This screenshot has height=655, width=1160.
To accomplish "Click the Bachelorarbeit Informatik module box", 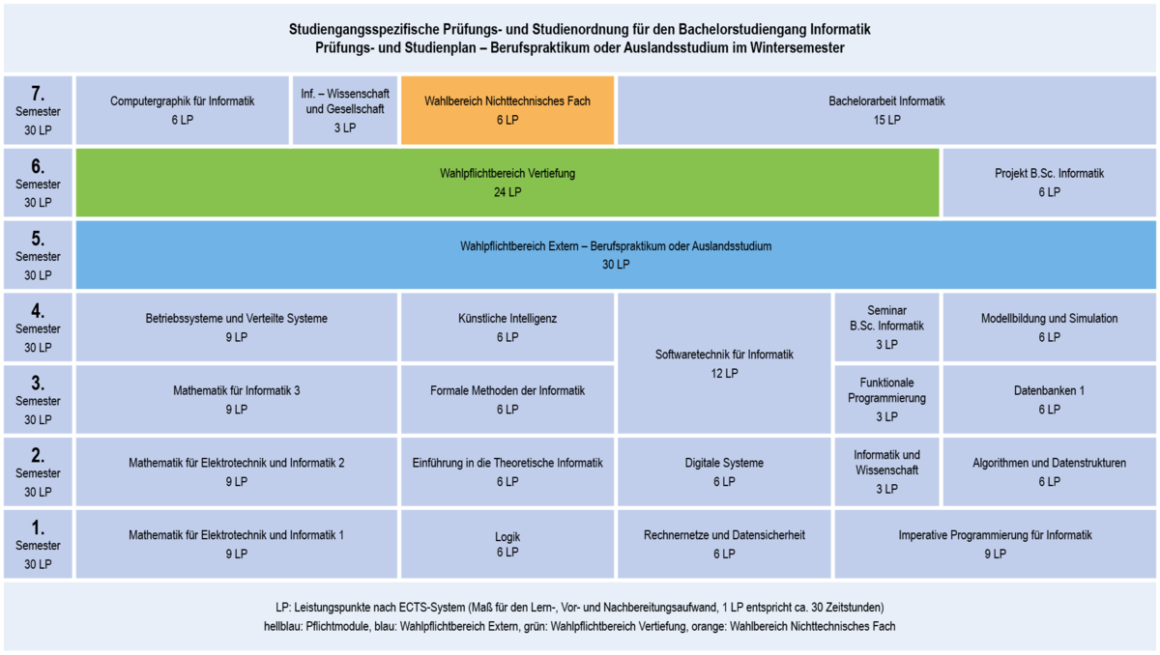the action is click(x=886, y=110).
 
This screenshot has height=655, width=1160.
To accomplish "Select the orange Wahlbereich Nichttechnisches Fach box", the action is click(x=507, y=110).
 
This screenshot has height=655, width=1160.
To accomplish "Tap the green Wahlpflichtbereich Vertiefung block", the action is click(x=507, y=183).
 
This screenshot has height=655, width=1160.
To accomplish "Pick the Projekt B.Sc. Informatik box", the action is click(x=1049, y=183).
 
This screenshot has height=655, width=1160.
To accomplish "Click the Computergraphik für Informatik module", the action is click(x=183, y=110).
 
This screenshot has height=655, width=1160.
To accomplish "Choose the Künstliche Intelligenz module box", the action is click(x=507, y=327).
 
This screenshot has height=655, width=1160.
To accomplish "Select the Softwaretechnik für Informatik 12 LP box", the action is click(x=724, y=363).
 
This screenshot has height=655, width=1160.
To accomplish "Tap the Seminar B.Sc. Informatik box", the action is click(x=886, y=327).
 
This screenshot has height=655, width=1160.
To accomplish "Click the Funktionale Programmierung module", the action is click(x=886, y=399).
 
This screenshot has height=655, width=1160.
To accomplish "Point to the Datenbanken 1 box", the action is click(x=1049, y=399).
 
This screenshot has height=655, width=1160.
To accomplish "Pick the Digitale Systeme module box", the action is click(x=724, y=471).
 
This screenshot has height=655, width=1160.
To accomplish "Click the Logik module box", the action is click(x=507, y=544).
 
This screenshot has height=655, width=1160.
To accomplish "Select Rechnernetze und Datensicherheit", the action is click(x=724, y=544).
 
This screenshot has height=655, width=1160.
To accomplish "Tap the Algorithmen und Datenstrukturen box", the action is click(x=1049, y=471).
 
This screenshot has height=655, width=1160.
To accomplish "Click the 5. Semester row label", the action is click(x=38, y=255).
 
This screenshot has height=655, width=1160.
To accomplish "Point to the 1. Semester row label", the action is click(x=38, y=544).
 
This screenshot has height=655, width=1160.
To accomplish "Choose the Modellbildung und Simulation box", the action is click(x=1049, y=327).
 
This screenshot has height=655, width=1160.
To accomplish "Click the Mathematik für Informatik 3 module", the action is click(x=237, y=399).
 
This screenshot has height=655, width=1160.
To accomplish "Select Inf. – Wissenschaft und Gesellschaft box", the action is click(x=345, y=110).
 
